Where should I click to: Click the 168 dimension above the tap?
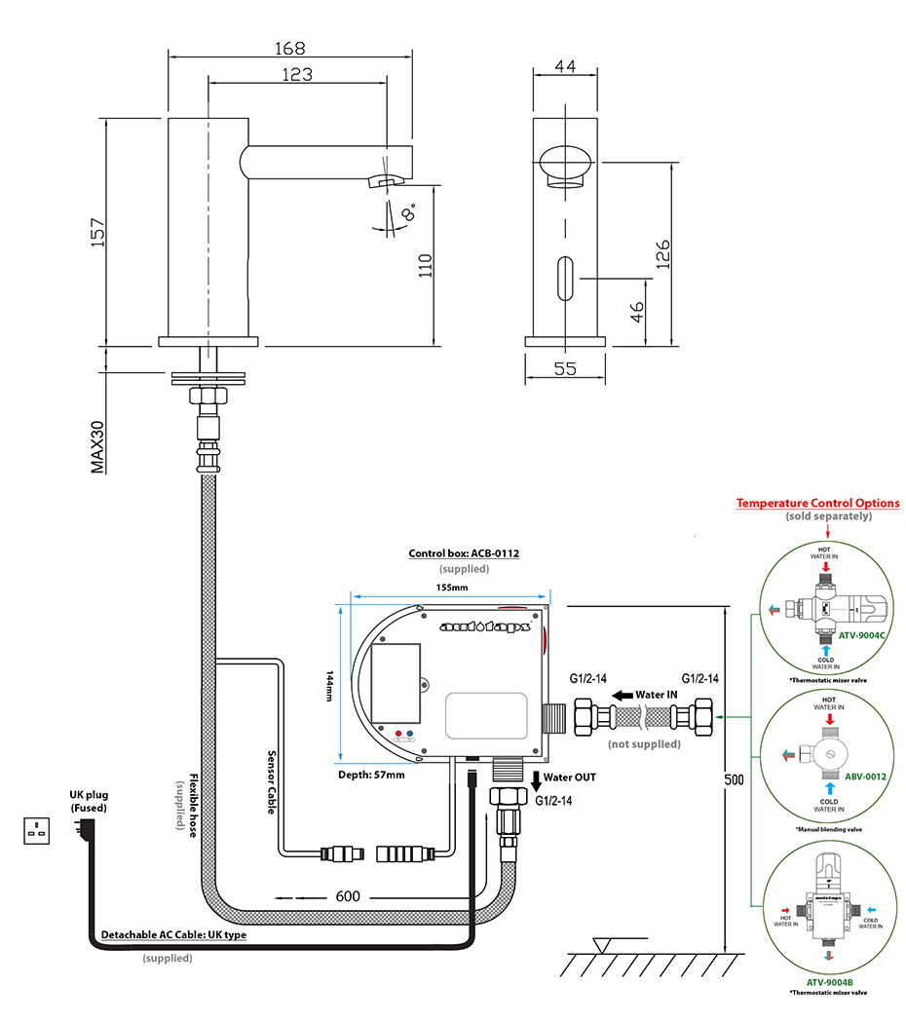point(290,48)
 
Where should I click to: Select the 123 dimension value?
point(297,74)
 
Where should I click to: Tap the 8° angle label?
point(406,211)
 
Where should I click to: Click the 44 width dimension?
point(565,66)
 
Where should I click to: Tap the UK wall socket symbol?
point(39,831)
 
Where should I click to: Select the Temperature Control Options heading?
point(817,504)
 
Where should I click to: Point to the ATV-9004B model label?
point(827,982)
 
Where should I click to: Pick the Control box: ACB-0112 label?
point(464,553)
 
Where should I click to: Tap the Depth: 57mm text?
point(372,775)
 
